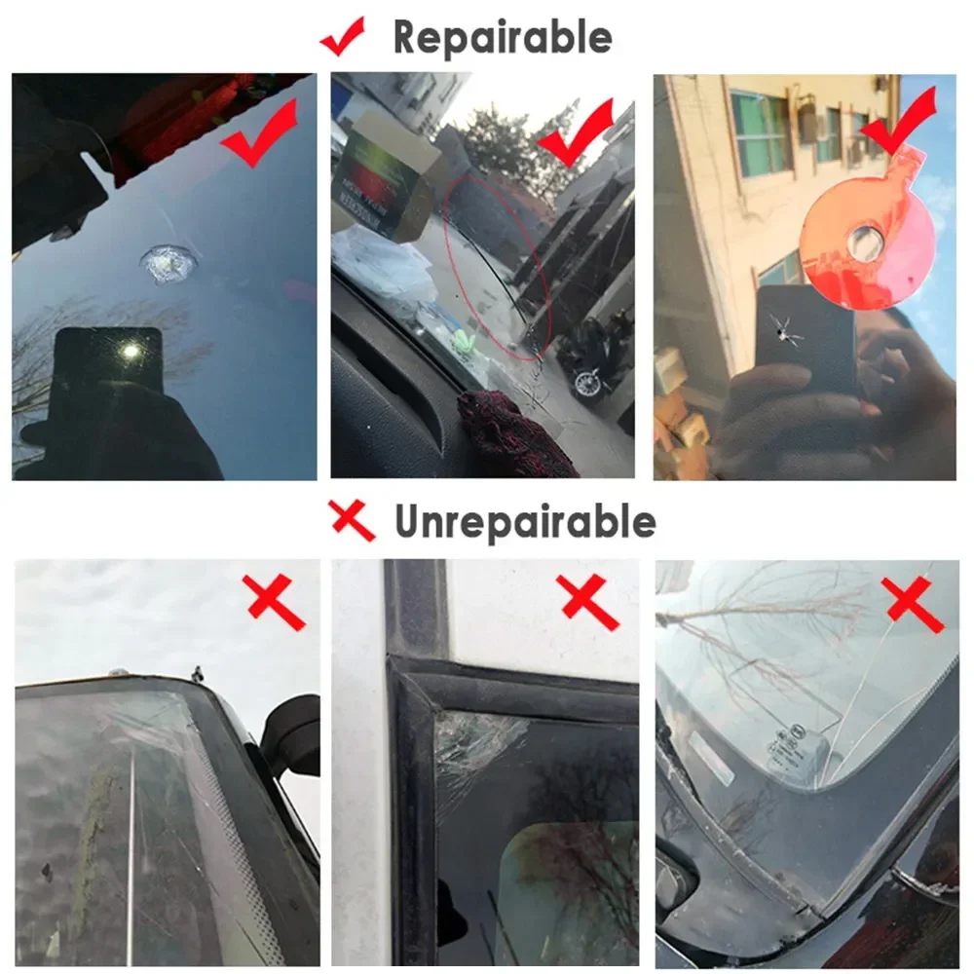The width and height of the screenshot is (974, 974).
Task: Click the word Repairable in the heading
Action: coord(503,37)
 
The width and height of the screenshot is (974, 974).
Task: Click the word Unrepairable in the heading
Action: coord(525,522)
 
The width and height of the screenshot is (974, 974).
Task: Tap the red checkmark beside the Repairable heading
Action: coord(343,37)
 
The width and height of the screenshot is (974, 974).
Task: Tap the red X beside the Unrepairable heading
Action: coord(352,521)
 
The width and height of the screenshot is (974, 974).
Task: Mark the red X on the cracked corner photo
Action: coord(588,600)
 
